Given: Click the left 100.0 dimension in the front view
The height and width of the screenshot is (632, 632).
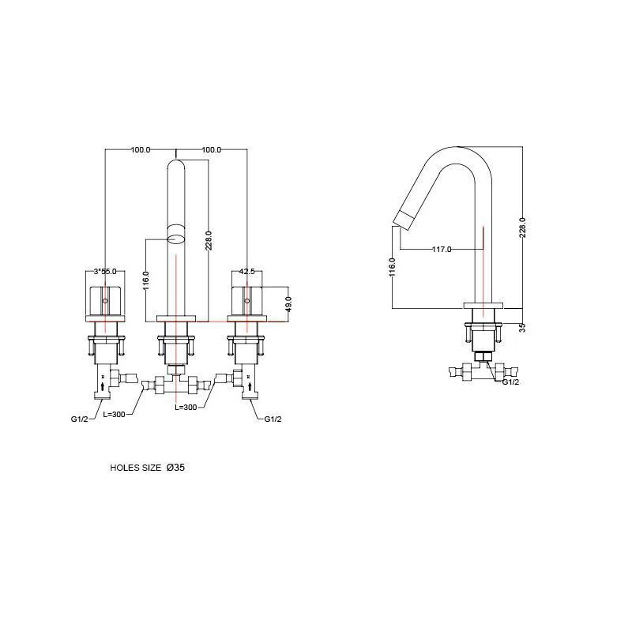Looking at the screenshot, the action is (x=141, y=149).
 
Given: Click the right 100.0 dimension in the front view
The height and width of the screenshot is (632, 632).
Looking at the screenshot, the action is (x=212, y=149).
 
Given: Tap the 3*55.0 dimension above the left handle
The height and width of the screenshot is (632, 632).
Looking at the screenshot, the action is (x=105, y=272).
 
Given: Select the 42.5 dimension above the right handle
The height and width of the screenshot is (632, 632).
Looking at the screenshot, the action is (x=246, y=272).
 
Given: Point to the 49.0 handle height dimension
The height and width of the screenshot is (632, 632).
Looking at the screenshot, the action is (x=288, y=304).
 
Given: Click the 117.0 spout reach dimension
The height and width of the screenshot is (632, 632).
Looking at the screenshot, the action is (x=442, y=250).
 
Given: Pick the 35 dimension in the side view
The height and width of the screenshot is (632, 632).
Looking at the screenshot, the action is (x=522, y=327).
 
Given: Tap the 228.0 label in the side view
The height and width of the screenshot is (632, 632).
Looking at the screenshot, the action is (x=522, y=228).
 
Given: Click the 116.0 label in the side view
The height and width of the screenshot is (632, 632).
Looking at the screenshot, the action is (x=393, y=267).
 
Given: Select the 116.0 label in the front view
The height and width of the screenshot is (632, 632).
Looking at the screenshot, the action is (x=146, y=280).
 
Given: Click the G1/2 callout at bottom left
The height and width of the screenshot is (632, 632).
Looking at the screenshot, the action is (x=80, y=419).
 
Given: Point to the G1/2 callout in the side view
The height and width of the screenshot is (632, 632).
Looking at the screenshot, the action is (x=510, y=382).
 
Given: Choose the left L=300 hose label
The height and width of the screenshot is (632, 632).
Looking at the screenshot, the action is (x=114, y=414).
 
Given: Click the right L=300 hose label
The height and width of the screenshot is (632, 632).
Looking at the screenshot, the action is (x=186, y=408).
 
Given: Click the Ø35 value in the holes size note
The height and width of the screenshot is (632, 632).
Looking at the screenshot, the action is (x=175, y=468).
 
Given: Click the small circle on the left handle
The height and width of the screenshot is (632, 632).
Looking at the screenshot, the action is (x=106, y=301).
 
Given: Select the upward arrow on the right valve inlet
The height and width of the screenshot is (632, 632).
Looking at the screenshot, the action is (x=250, y=386).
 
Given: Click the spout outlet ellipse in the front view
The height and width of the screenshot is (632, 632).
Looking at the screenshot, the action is (x=176, y=239).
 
